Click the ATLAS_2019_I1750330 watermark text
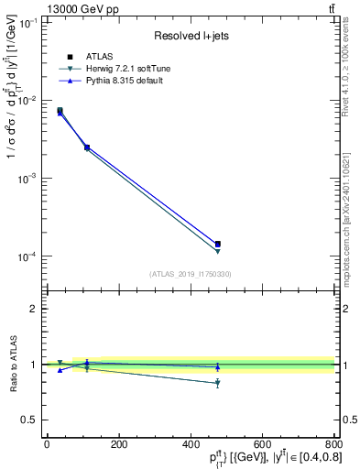[190, 274]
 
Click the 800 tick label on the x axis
[333, 444]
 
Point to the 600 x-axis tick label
[262, 444]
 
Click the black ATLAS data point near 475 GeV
[217, 245]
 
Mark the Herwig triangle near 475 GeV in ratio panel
[217, 383]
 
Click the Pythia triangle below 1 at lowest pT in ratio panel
[60, 370]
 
